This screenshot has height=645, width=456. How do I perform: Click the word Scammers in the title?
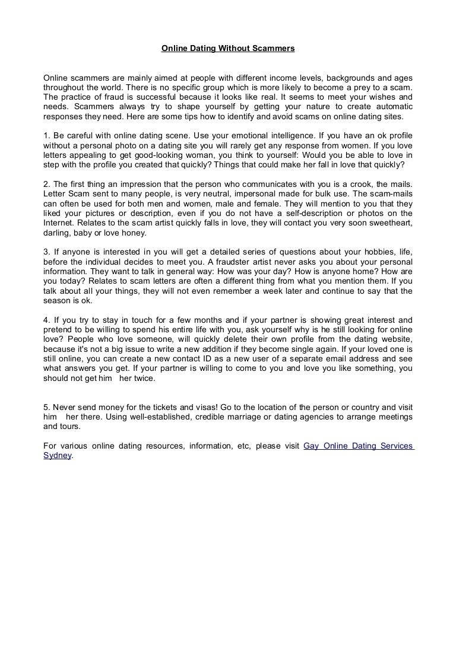point(273,48)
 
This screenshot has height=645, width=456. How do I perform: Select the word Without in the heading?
point(232,48)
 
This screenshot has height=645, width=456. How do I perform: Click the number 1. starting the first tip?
point(47,136)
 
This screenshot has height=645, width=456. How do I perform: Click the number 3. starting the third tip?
point(47,252)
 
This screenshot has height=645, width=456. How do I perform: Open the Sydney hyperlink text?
point(57,456)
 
